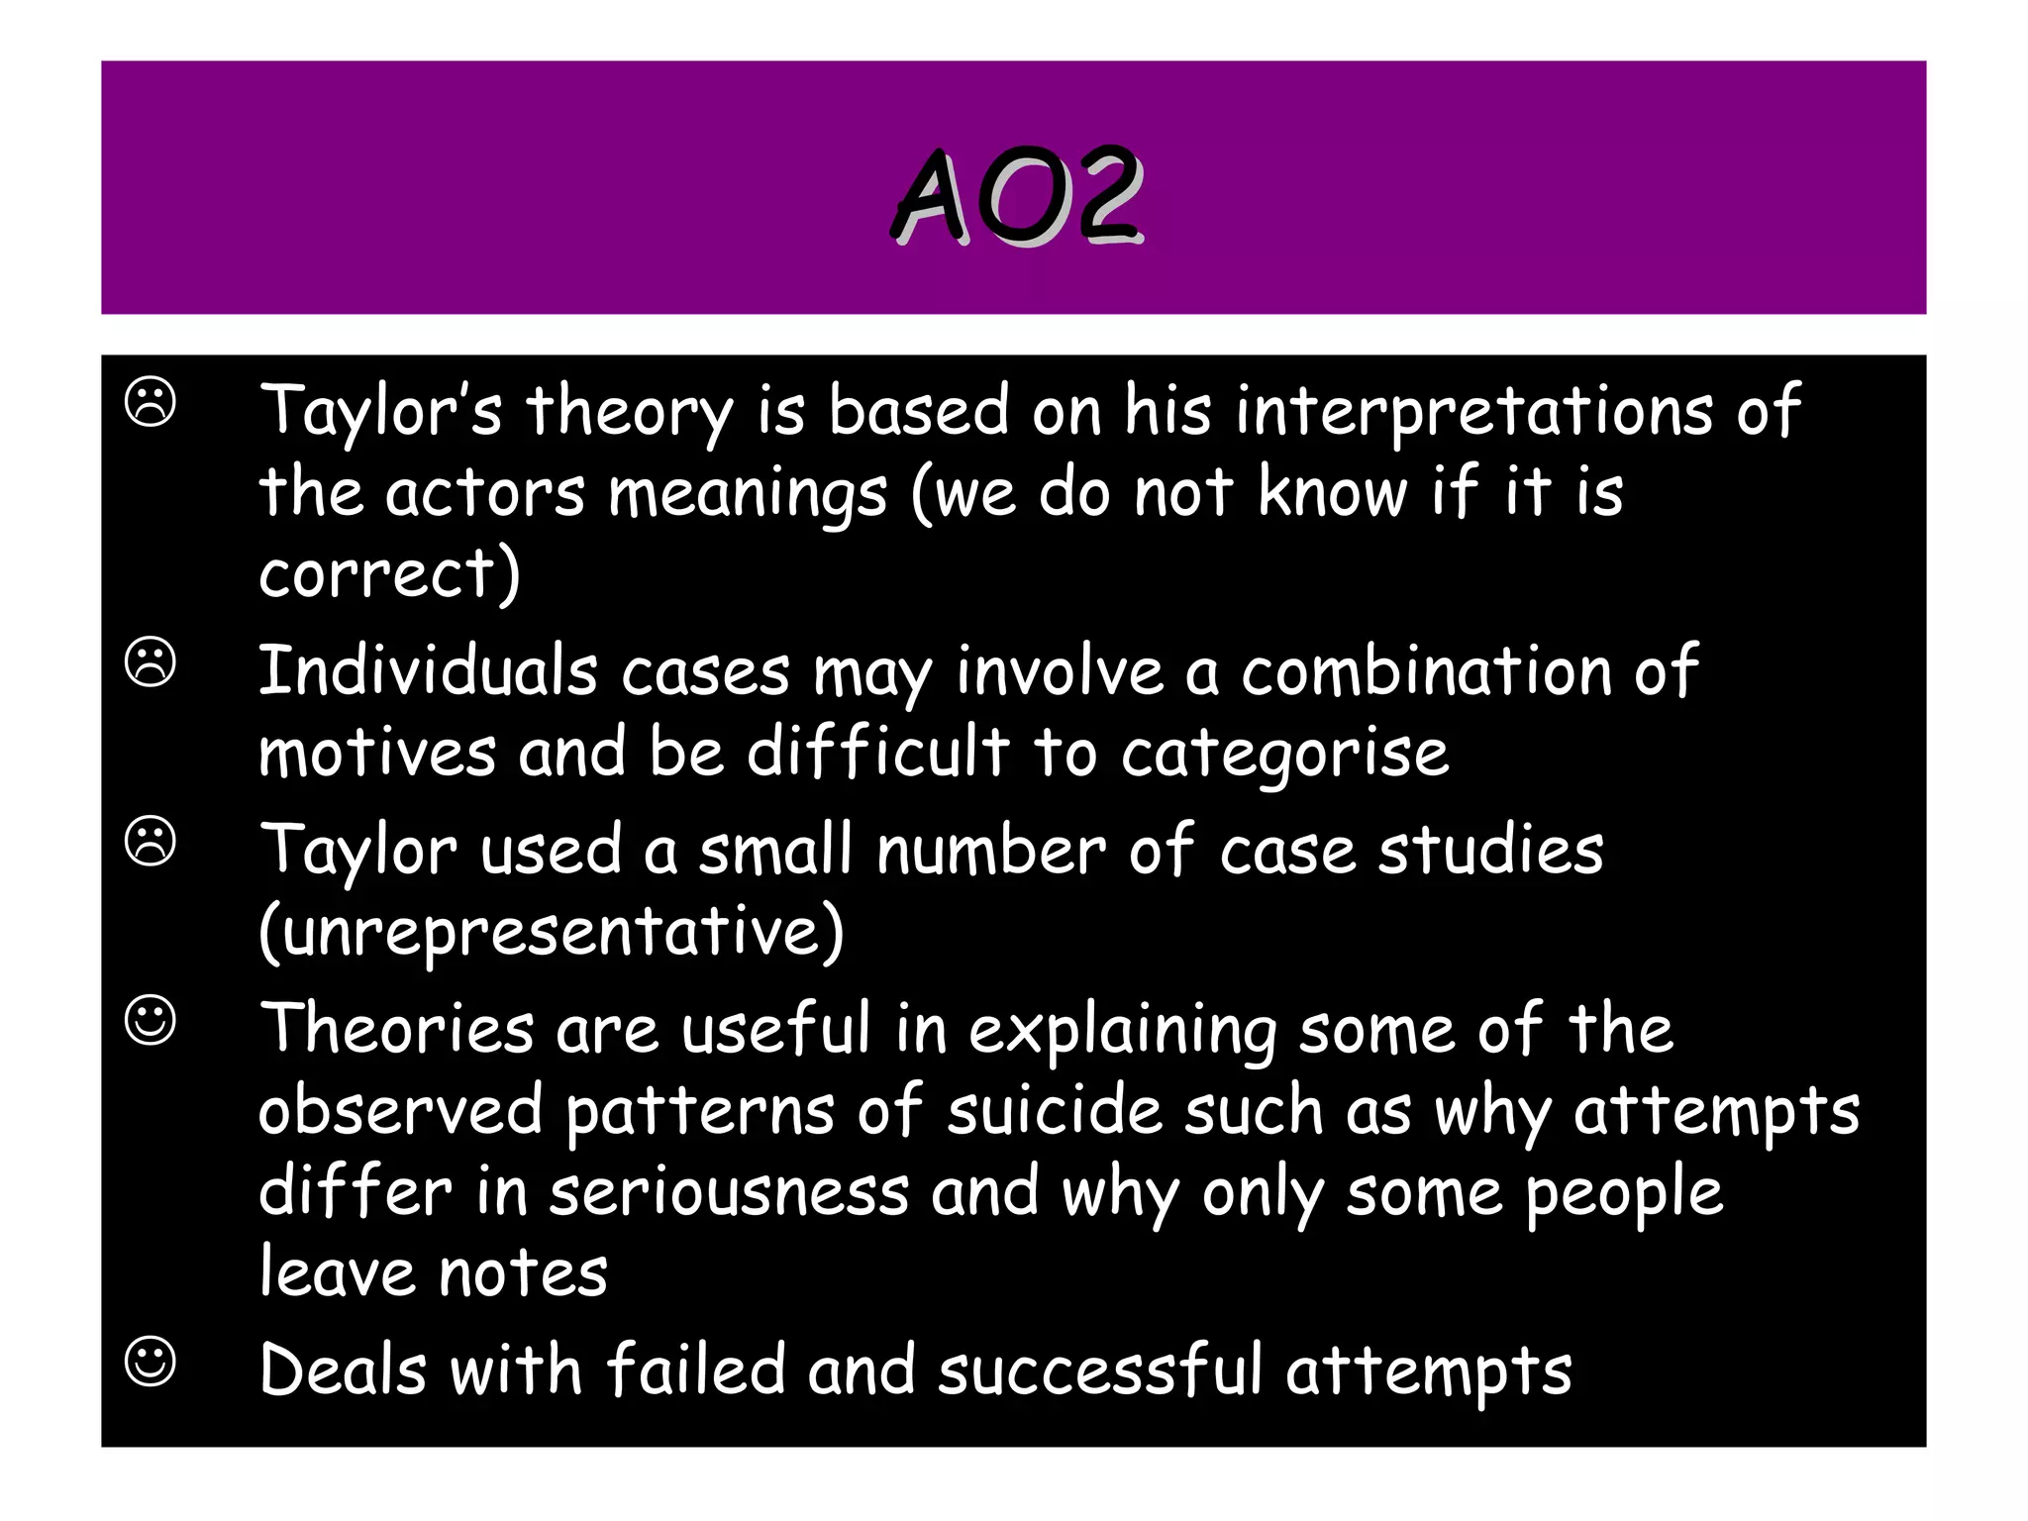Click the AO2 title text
click(1017, 195)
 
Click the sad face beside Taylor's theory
click(151, 403)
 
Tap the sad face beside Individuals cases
click(151, 662)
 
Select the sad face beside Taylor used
click(151, 842)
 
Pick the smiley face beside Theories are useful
click(151, 1021)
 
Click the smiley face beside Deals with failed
click(151, 1362)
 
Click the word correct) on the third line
click(389, 574)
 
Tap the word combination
click(1426, 671)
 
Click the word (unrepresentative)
click(551, 933)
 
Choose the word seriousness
click(729, 1192)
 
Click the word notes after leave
click(523, 1274)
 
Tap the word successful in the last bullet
click(1099, 1371)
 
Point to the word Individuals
click(428, 671)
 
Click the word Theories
click(396, 1029)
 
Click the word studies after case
click(1490, 851)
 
